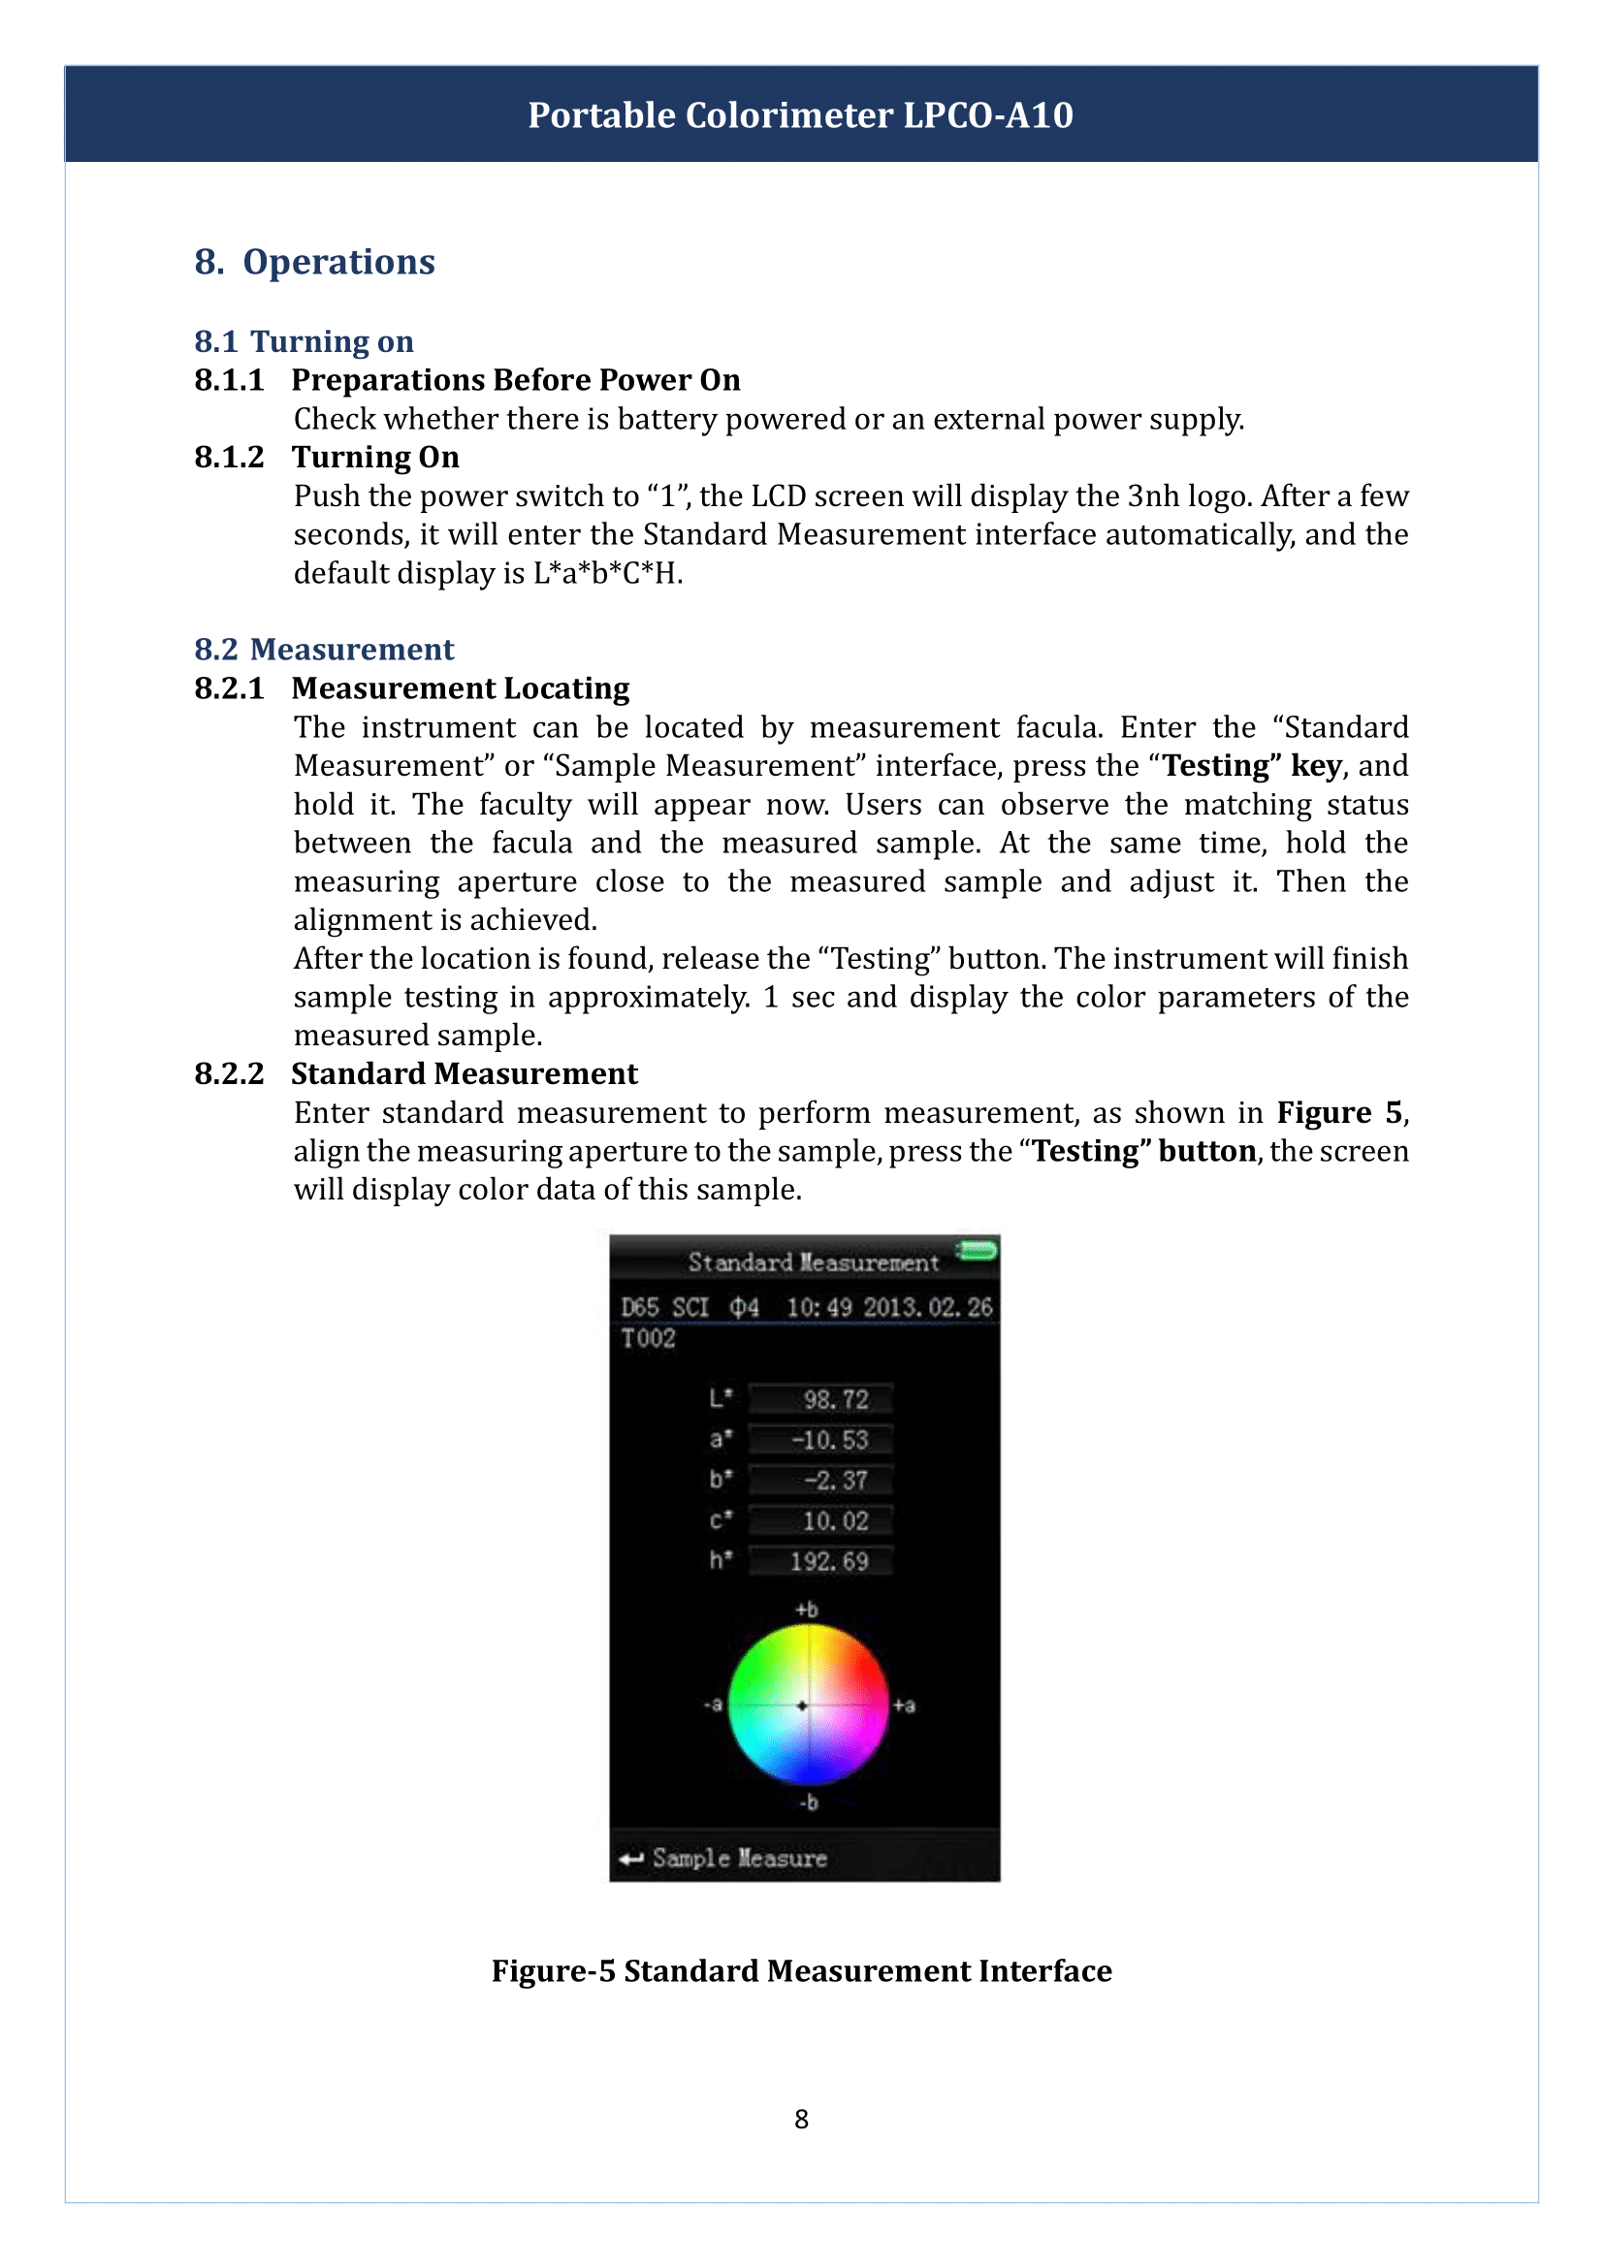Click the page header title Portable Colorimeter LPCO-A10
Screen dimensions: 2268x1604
800,115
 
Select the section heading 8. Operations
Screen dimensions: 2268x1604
314,262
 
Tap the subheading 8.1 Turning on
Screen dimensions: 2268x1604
304,340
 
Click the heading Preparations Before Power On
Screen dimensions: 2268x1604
515,379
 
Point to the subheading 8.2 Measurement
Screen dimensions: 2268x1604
323,649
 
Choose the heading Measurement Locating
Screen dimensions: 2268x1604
460,687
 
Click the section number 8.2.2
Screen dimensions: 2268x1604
229,1072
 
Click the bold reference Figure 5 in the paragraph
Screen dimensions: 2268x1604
1338,1112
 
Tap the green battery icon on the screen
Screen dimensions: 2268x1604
977,1251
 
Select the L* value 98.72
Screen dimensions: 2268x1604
835,1399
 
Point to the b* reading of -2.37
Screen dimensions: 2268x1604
835,1480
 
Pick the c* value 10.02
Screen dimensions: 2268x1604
835,1520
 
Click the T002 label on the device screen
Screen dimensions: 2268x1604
648,1338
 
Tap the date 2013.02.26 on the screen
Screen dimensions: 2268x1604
927,1307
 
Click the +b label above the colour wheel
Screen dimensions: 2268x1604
806,1610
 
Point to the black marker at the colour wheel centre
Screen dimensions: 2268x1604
802,1705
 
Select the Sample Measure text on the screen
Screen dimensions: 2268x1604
739,1858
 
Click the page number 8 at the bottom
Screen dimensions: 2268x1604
801,2119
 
